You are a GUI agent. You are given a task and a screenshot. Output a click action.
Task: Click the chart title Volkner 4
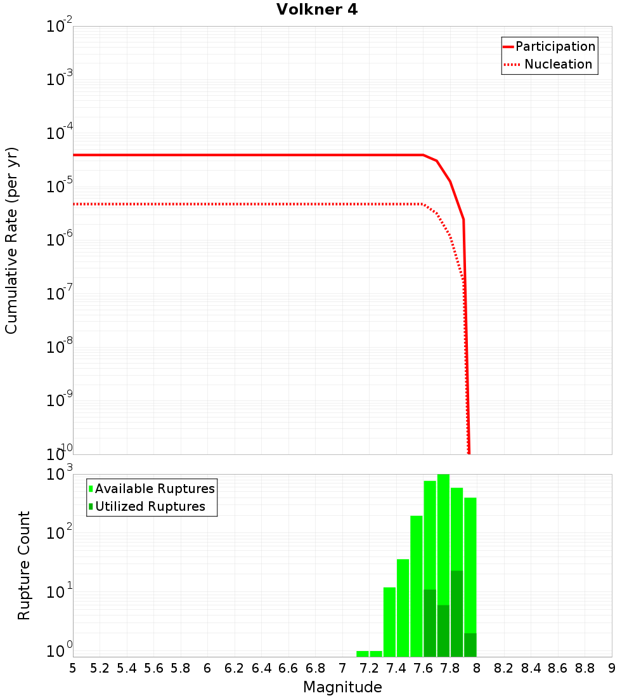coord(317,10)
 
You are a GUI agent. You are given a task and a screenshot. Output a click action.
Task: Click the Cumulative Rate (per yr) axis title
coord(11,240)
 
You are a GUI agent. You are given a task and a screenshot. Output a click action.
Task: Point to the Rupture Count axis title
coord(24,565)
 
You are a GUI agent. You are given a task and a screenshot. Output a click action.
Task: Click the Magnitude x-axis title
coord(342,687)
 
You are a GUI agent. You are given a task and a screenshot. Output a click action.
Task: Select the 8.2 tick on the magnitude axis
coord(504,668)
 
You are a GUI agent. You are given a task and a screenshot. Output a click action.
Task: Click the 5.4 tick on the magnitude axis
coord(127,668)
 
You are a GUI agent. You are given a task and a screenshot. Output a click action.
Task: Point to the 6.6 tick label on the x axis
coord(288,668)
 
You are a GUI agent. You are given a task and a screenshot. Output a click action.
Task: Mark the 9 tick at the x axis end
coord(612,668)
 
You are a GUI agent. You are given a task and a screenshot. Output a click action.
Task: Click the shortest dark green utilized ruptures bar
coord(470,645)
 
